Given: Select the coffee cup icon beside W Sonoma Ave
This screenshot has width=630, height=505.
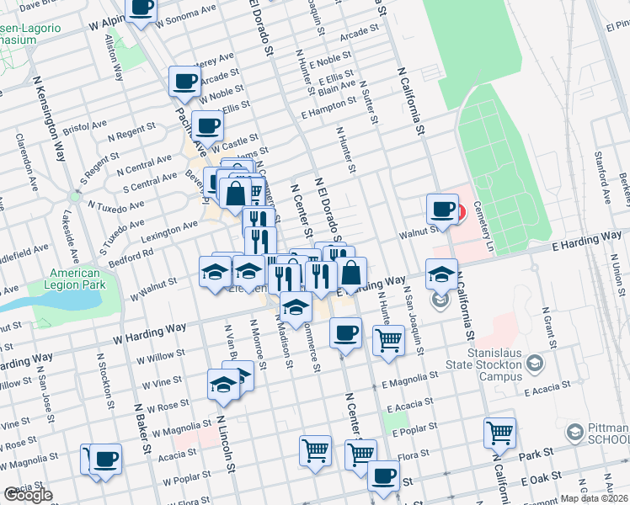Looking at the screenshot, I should (x=141, y=8).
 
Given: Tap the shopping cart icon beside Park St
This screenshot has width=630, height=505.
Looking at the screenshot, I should (x=499, y=433).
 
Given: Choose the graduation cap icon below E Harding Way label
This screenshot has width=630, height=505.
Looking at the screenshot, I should (x=441, y=274).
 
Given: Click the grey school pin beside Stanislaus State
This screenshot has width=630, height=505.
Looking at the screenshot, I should (x=533, y=364).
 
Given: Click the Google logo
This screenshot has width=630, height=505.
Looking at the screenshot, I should (x=28, y=496).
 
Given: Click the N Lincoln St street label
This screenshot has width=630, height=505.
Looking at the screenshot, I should (x=227, y=443).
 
